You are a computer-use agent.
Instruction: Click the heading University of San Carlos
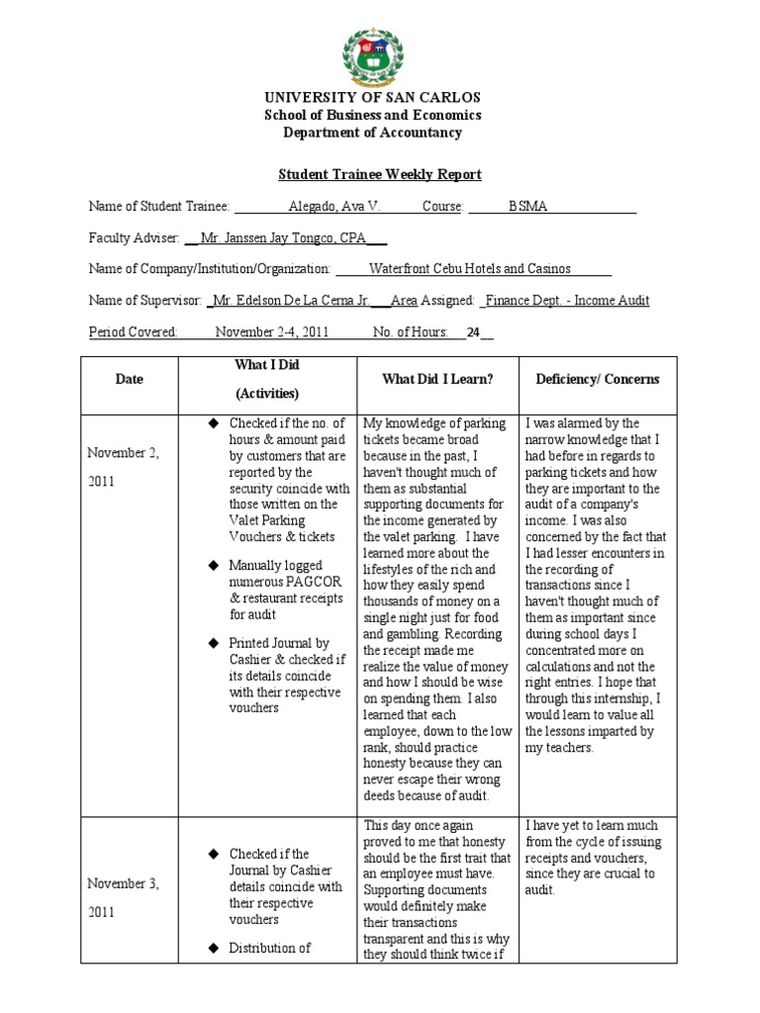point(371,98)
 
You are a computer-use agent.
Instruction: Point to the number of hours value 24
point(474,332)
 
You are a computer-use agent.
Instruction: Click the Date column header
point(129,379)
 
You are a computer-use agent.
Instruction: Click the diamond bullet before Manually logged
point(211,565)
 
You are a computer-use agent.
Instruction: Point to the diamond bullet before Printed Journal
point(211,643)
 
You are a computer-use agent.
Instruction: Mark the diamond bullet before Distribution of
point(211,948)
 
